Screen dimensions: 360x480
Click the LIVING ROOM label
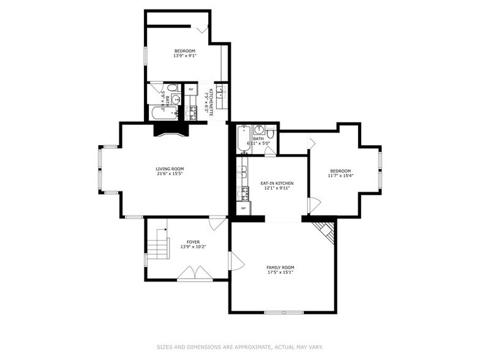170,169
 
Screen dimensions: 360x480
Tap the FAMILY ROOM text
280,268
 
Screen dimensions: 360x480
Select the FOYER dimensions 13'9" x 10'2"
193,247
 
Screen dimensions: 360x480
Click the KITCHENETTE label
211,102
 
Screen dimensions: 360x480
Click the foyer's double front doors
195,274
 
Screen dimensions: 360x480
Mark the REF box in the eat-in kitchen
243,208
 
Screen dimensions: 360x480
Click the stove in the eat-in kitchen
243,193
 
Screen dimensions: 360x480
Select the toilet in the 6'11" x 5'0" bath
271,133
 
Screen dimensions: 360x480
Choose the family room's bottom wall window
283,312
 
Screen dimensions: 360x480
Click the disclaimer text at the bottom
239,347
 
